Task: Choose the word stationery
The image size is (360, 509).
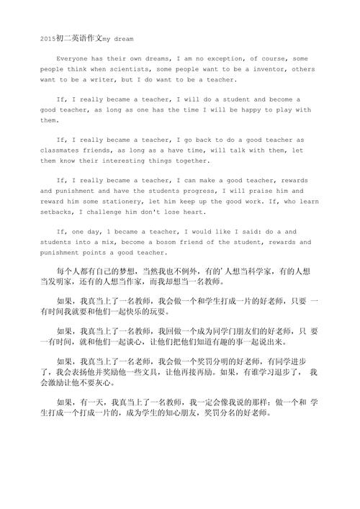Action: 117,202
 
